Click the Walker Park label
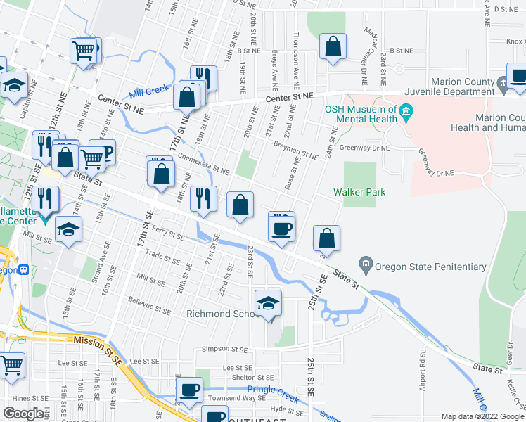click(359, 192)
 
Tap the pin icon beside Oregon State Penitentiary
click(366, 266)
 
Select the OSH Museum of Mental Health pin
click(406, 112)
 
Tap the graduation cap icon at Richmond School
click(268, 303)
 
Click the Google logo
click(23, 414)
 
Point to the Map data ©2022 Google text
click(482, 416)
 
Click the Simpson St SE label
click(225, 349)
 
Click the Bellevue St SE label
click(149, 305)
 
